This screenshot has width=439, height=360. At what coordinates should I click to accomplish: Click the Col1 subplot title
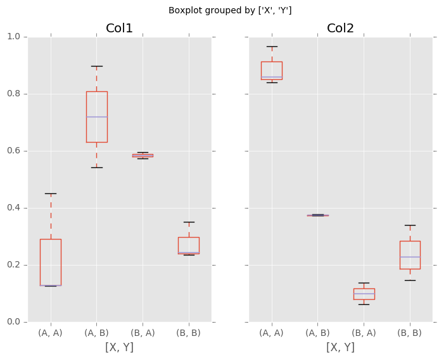(x=120, y=29)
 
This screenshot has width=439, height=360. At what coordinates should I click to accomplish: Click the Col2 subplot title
(x=340, y=29)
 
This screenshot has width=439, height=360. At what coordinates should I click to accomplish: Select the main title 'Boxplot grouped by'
(x=230, y=11)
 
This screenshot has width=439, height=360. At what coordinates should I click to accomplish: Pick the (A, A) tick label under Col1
(x=51, y=333)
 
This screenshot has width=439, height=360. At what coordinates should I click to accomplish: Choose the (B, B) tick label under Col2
(x=410, y=333)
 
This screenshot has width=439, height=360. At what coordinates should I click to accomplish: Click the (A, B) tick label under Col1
(x=96, y=333)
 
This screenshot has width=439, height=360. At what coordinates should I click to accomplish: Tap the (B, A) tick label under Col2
(x=364, y=333)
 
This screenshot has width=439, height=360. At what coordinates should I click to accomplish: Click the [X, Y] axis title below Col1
(x=120, y=347)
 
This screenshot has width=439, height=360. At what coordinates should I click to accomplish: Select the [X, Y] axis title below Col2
(x=340, y=347)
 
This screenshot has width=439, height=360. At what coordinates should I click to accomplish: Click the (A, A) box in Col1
(x=51, y=262)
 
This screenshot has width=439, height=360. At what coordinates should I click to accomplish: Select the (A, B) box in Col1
(x=97, y=117)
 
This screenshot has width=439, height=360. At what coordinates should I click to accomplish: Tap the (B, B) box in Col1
(x=188, y=245)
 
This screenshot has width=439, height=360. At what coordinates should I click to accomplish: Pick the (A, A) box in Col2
(x=272, y=70)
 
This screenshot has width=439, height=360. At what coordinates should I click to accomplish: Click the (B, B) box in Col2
(x=410, y=255)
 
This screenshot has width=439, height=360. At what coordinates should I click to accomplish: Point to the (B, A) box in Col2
(x=364, y=293)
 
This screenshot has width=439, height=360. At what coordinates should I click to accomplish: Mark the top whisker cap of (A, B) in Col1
(x=97, y=66)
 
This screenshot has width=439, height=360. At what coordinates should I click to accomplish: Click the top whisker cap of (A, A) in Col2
(x=272, y=46)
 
